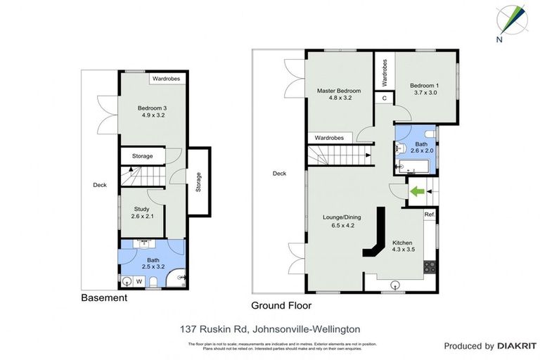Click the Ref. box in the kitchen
click(x=429, y=214)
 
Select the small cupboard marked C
click(x=385, y=98)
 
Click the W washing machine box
click(x=139, y=282)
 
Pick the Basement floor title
click(x=104, y=298)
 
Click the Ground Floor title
click(x=281, y=306)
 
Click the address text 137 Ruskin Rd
click(x=270, y=329)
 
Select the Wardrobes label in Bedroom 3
click(x=167, y=79)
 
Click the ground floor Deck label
click(x=280, y=173)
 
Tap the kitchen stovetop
click(x=429, y=267)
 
